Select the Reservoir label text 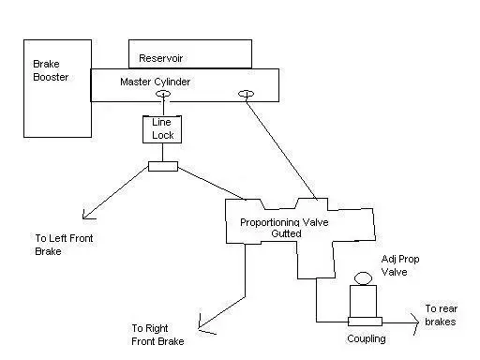pos(160,58)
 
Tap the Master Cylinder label pos(155,82)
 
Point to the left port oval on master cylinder pos(163,94)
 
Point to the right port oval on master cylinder pos(247,94)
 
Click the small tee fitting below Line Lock pos(163,166)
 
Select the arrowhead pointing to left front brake pos(87,215)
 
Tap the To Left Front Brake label pos(64,245)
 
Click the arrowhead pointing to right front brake pos(204,325)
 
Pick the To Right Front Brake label pos(157,335)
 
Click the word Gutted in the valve pos(286,233)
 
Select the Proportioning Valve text pos(284,222)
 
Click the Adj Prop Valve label pos(400,265)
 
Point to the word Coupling pos(367,338)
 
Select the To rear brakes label pos(441,315)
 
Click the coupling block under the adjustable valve pos(365,322)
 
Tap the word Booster pos(51,77)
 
